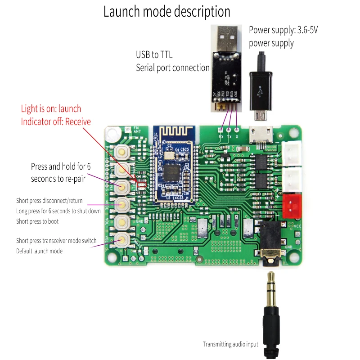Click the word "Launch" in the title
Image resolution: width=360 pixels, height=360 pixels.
(x=123, y=11)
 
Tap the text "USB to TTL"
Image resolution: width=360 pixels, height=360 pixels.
(x=154, y=55)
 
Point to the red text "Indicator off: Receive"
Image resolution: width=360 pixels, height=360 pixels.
(x=56, y=121)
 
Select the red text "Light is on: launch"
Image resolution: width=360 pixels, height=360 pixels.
(x=51, y=108)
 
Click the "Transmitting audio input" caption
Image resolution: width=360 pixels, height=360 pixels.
(x=230, y=344)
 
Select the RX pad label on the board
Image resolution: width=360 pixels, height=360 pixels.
(x=221, y=136)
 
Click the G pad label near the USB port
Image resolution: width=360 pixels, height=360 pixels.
(x=237, y=136)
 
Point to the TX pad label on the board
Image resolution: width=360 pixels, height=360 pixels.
(x=229, y=136)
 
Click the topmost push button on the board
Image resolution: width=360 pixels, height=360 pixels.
(x=122, y=153)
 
